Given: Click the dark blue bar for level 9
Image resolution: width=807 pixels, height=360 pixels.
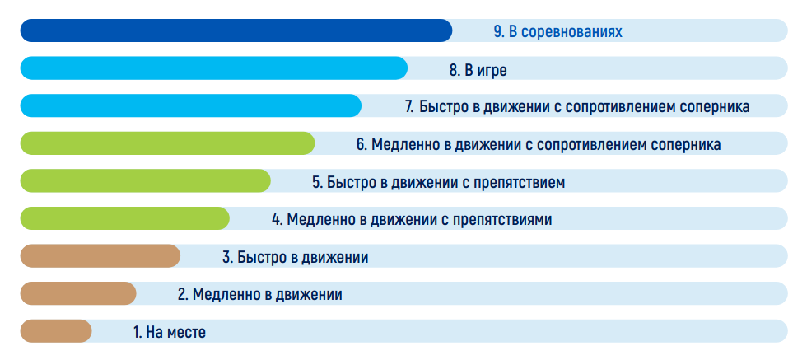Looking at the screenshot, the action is (236, 30).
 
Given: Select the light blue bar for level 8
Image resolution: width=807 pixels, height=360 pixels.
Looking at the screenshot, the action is (213, 68).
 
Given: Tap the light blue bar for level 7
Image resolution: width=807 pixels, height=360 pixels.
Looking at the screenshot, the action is (190, 105).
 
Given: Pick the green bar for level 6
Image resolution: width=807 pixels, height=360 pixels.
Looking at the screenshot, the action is (167, 143).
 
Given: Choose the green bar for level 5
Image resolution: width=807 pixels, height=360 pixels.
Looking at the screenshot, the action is (145, 180).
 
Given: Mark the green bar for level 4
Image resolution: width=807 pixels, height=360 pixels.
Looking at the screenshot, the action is (124, 218).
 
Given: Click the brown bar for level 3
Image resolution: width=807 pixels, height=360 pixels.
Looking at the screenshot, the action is (100, 256).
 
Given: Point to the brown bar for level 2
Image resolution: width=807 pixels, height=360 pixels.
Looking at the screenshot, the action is (78, 293).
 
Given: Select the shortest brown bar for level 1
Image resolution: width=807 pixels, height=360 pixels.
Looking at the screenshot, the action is (56, 331).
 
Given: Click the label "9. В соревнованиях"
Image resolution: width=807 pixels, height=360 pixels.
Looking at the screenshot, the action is (558, 32).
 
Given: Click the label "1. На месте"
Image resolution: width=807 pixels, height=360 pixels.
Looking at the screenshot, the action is (170, 332).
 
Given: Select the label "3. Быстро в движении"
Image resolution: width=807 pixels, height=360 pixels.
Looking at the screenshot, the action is (296, 258).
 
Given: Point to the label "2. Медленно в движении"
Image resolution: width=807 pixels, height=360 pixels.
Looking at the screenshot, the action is (260, 295).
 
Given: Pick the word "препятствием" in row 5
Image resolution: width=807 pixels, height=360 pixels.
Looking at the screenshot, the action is (519, 183).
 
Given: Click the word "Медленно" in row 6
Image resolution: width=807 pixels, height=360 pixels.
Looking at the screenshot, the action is (405, 145).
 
